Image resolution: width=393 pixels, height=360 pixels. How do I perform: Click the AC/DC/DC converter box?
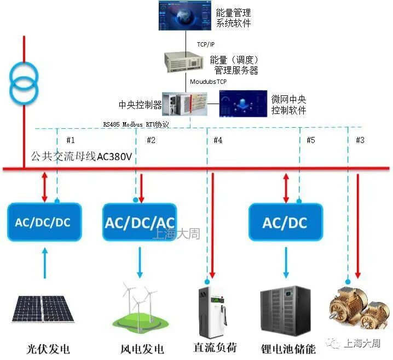point(44,222)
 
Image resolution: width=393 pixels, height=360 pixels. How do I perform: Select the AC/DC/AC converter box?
point(140,222)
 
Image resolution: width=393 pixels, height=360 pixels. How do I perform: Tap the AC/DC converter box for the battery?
point(285,222)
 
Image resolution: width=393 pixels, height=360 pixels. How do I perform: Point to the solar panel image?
point(40,309)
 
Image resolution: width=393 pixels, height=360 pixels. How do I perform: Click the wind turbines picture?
point(140,309)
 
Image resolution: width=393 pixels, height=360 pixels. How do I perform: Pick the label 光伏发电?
point(49,348)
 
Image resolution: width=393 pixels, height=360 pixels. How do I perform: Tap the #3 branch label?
point(360,140)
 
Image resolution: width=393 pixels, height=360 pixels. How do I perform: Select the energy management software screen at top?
point(183,16)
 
